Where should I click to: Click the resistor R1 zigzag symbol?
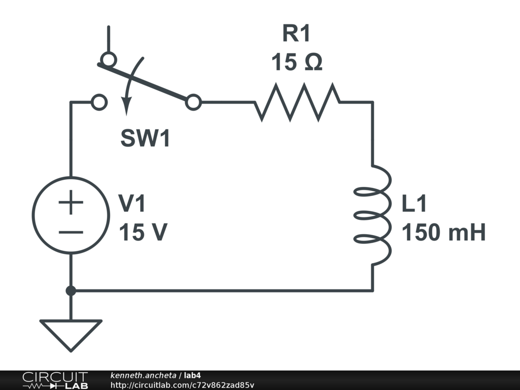(x=298, y=102)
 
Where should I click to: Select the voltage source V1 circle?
(x=71, y=215)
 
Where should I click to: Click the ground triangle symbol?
(x=71, y=333)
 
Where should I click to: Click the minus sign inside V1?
(x=71, y=232)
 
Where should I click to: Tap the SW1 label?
(x=145, y=139)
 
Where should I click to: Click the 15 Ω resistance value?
(x=297, y=62)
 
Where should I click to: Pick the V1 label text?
(x=132, y=204)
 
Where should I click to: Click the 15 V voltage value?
(x=143, y=233)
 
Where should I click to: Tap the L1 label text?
(x=414, y=204)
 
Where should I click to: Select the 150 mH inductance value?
(x=444, y=233)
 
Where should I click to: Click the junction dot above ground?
(x=71, y=290)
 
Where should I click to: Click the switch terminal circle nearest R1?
(x=193, y=103)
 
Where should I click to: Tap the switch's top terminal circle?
(x=108, y=59)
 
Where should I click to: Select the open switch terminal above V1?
(x=99, y=103)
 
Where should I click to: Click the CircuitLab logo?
(x=55, y=380)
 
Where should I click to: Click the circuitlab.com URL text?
(x=182, y=385)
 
